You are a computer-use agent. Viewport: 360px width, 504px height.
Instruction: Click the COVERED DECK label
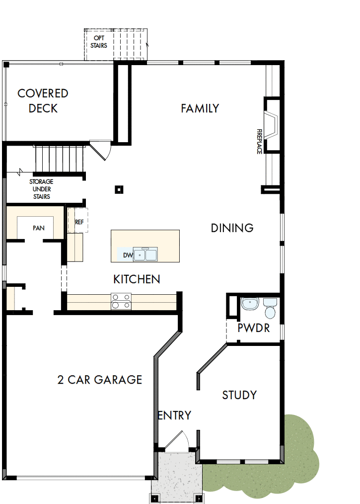pyautogui.click(x=43, y=100)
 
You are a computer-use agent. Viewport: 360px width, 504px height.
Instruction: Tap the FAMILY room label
pyautogui.click(x=200, y=108)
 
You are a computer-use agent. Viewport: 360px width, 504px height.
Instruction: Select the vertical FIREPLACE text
pyautogui.click(x=259, y=141)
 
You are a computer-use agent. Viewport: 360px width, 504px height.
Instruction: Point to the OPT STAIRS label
pyautogui.click(x=98, y=42)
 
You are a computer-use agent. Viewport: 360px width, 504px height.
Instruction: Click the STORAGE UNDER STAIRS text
pyautogui.click(x=41, y=189)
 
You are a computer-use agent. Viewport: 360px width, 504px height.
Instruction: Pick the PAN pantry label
pyautogui.click(x=39, y=228)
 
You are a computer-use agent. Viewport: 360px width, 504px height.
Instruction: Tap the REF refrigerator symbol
pyautogui.click(x=79, y=222)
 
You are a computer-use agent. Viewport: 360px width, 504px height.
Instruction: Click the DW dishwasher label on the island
pyautogui.click(x=128, y=255)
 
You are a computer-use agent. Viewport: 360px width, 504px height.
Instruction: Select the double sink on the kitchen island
pyautogui.click(x=145, y=255)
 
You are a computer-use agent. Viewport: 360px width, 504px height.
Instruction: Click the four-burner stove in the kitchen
pyautogui.click(x=121, y=302)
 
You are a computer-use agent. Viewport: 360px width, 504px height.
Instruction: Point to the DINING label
pyautogui.click(x=232, y=228)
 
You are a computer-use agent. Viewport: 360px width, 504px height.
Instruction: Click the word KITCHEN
pyautogui.click(x=137, y=279)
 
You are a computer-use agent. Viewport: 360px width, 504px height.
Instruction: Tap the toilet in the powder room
pyautogui.click(x=270, y=308)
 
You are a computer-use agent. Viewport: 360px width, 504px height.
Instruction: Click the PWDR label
pyautogui.click(x=253, y=328)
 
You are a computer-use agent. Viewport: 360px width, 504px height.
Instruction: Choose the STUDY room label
pyautogui.click(x=239, y=395)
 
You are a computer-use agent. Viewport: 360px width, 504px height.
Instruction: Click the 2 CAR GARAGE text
pyautogui.click(x=100, y=380)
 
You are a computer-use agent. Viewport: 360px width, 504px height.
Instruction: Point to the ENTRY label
pyautogui.click(x=174, y=416)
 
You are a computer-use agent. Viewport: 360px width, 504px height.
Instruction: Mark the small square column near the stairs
pyautogui.click(x=118, y=189)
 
